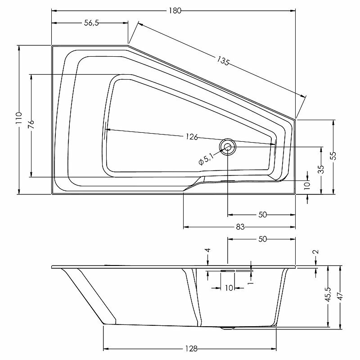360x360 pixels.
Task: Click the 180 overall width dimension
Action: click(x=176, y=11)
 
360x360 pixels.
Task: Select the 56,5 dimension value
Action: click(x=91, y=24)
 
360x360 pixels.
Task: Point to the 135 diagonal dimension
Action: click(x=223, y=61)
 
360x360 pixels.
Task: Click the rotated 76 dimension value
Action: click(x=31, y=125)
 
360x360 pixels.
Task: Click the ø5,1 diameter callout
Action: click(x=207, y=158)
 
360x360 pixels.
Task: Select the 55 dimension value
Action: click(x=333, y=155)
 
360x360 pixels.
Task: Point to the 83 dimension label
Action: click(x=239, y=227)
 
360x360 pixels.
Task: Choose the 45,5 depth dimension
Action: click(x=328, y=295)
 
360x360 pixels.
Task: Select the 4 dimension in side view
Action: click(x=208, y=251)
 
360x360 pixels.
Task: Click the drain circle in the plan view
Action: click(x=227, y=146)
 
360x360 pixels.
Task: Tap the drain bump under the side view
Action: click(x=228, y=328)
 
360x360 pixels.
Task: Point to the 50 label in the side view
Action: click(x=262, y=239)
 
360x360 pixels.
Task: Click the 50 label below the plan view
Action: click(x=262, y=215)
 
